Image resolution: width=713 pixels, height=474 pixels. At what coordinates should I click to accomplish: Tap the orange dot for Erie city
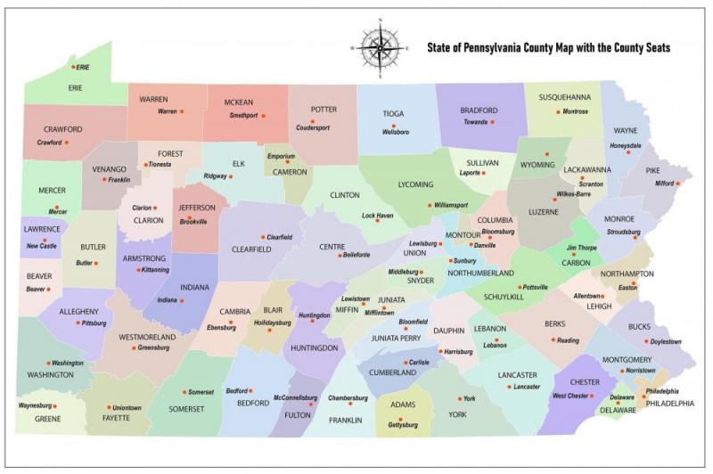(x=74, y=67)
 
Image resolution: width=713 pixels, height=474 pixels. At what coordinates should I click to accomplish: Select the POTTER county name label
(x=324, y=110)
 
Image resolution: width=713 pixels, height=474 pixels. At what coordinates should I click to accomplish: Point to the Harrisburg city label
(x=458, y=352)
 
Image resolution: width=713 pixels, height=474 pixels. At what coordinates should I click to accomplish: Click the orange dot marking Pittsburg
(x=78, y=323)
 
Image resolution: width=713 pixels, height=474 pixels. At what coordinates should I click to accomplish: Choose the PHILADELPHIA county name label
(x=665, y=404)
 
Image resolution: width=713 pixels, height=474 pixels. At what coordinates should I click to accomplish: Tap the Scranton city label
(x=592, y=183)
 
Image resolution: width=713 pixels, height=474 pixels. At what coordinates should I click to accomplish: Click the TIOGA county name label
(x=393, y=114)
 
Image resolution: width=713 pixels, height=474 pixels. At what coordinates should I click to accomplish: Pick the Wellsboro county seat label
(x=396, y=132)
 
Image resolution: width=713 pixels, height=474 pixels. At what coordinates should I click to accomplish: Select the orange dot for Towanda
(x=492, y=122)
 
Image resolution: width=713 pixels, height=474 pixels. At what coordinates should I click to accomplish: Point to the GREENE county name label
(x=47, y=417)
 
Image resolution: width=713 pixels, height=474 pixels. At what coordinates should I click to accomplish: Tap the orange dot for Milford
(x=677, y=184)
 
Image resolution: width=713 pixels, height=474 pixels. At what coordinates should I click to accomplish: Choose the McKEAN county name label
(x=239, y=101)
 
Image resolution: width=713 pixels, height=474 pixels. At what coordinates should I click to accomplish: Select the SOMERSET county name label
(x=186, y=409)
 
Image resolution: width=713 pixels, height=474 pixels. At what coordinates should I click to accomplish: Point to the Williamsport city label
(x=451, y=205)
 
